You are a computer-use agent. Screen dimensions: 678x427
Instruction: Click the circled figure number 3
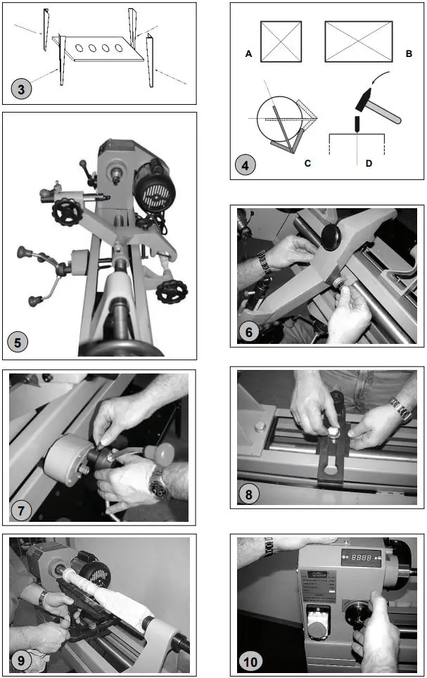[x=22, y=91]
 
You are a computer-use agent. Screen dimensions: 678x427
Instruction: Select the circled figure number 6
[x=246, y=332]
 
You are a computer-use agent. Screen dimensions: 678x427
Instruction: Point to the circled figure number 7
[x=23, y=509]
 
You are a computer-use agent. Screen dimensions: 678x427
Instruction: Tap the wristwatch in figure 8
[x=400, y=409]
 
